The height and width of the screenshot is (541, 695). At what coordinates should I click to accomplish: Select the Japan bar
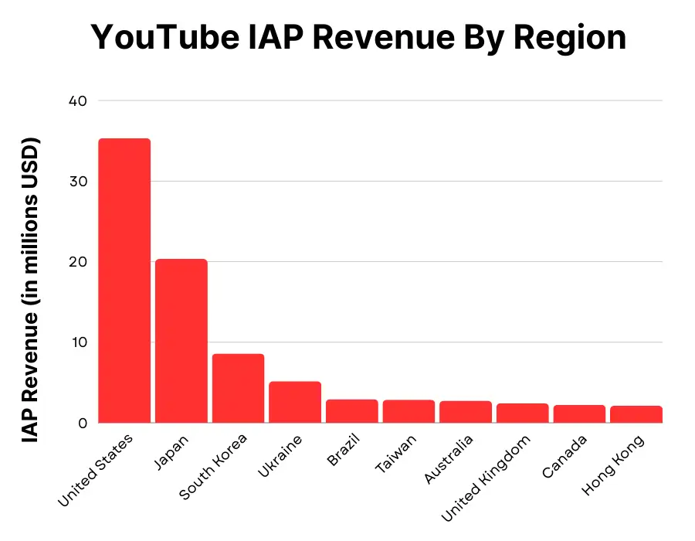[x=181, y=341]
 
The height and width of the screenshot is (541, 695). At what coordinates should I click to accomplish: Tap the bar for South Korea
[x=238, y=388]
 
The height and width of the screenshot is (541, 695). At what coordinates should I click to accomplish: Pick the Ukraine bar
[x=295, y=402]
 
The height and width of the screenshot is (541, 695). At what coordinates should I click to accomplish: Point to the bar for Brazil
[x=352, y=411]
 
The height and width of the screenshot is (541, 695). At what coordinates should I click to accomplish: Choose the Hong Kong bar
[x=636, y=414]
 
